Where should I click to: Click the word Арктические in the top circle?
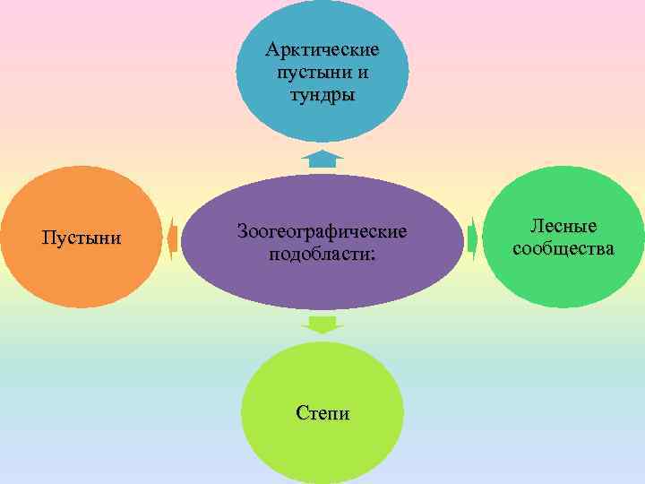point(322,48)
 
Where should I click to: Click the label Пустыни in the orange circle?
point(82,238)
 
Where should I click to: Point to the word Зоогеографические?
point(322,231)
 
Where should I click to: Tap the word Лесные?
point(563,226)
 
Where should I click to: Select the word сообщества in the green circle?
point(563,248)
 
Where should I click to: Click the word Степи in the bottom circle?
point(322,413)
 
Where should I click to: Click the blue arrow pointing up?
point(322,160)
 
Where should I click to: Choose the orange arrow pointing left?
point(172,238)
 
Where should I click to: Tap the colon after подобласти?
point(374,255)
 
